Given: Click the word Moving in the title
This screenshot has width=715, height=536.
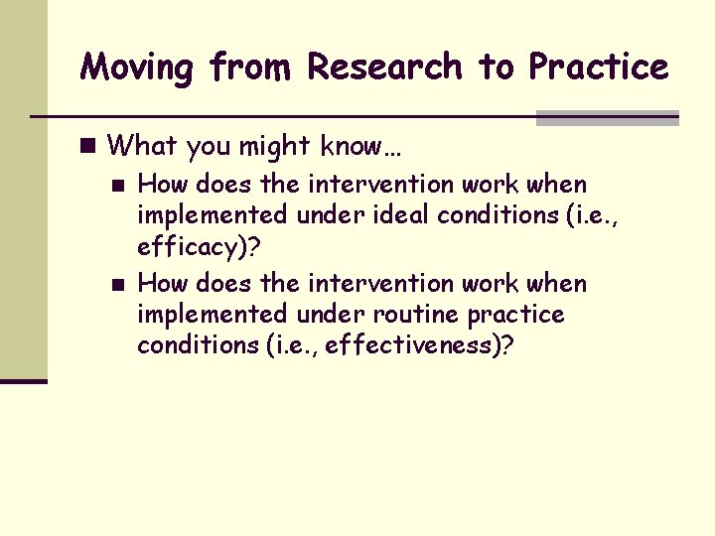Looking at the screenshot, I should pyautogui.click(x=137, y=67).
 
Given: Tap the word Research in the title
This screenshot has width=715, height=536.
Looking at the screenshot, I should pyautogui.click(x=384, y=67).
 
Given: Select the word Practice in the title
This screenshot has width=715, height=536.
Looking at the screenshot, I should pyautogui.click(x=598, y=67).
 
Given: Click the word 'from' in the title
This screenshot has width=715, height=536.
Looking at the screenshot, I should pyautogui.click(x=251, y=67).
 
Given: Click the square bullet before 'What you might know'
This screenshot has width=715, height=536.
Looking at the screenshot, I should pyautogui.click(x=89, y=146).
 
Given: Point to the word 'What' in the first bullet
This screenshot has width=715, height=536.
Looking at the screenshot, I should pyautogui.click(x=142, y=146).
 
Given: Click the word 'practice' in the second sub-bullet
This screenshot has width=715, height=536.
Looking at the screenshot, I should pyautogui.click(x=516, y=316).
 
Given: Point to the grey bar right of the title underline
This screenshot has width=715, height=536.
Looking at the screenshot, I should pyautogui.click(x=607, y=117).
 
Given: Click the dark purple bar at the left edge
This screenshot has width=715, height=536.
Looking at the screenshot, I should pyautogui.click(x=23, y=380).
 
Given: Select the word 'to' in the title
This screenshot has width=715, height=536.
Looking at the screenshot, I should pyautogui.click(x=496, y=67).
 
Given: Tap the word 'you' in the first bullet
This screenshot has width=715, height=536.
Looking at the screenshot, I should pyautogui.click(x=208, y=147).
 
